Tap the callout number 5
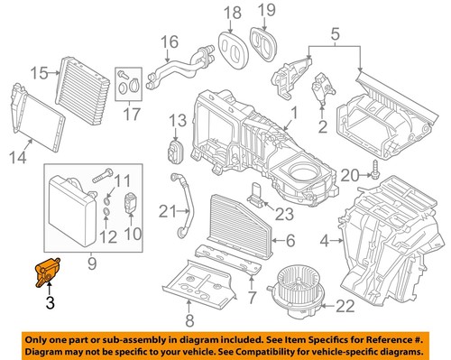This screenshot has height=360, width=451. click(x=336, y=36)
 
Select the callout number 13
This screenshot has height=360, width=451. click(x=176, y=119)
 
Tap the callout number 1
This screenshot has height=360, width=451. click(x=291, y=114)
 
